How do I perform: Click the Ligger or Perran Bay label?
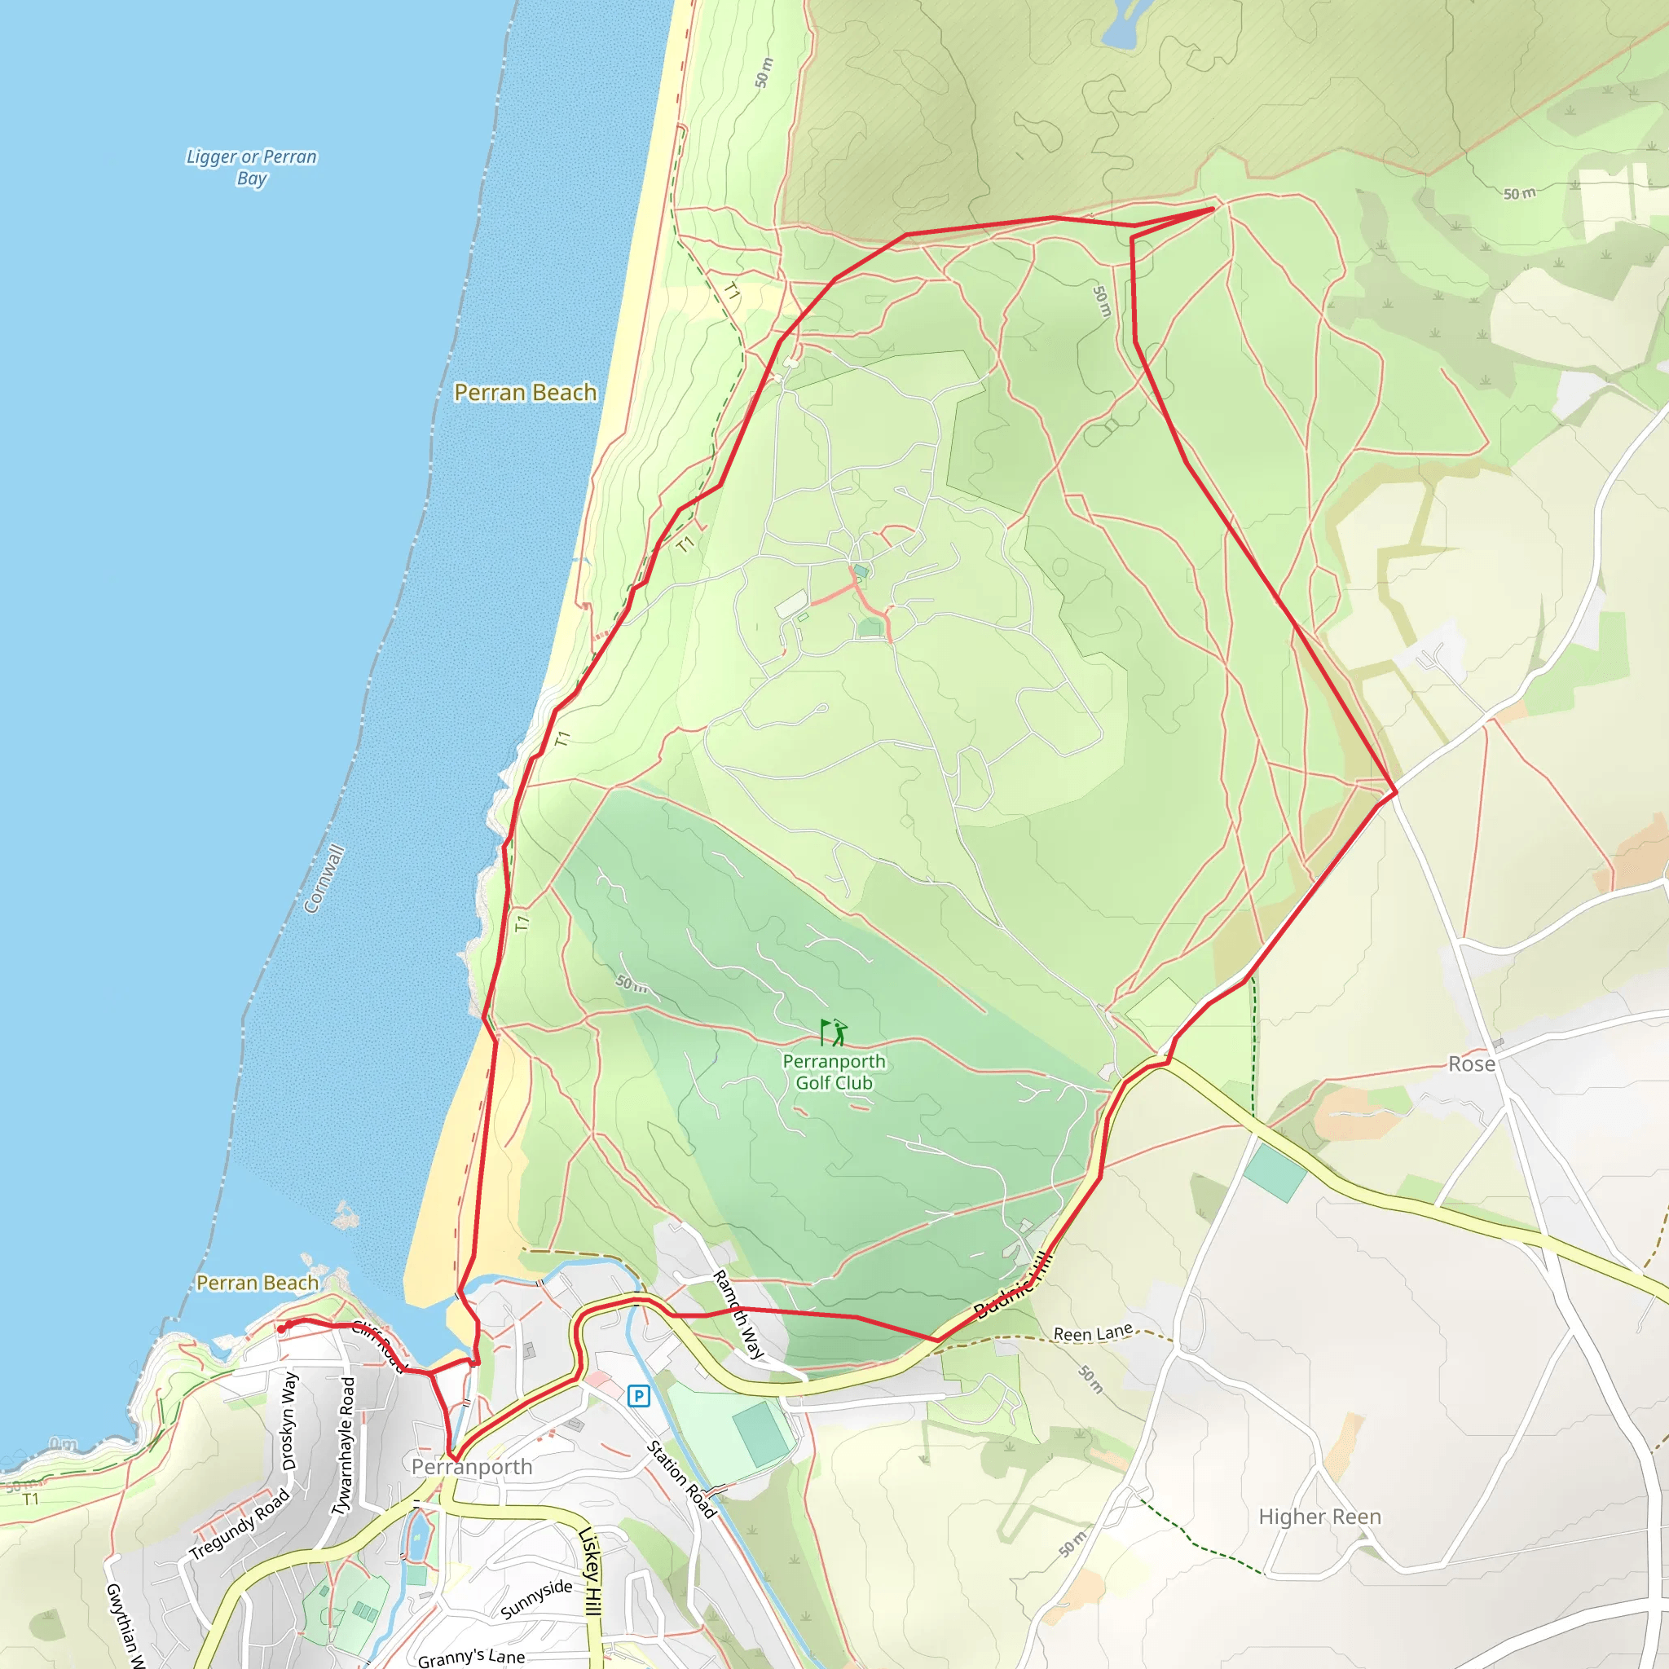click(251, 168)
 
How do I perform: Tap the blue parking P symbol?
click(638, 1395)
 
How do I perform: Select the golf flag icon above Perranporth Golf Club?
click(834, 1033)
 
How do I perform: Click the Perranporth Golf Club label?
click(834, 1072)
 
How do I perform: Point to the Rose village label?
click(1471, 1064)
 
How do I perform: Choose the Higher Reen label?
click(1319, 1517)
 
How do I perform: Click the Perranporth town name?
click(472, 1467)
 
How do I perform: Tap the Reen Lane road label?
click(1093, 1334)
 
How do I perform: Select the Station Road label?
click(681, 1479)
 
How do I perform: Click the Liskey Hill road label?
click(590, 1570)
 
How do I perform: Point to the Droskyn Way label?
click(289, 1421)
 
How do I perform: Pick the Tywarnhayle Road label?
click(344, 1447)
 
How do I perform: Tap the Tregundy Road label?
click(240, 1524)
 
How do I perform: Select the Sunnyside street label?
click(536, 1598)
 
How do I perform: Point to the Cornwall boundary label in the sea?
click(325, 879)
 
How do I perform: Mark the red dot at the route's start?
click(282, 1328)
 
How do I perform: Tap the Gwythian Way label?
click(125, 1624)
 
